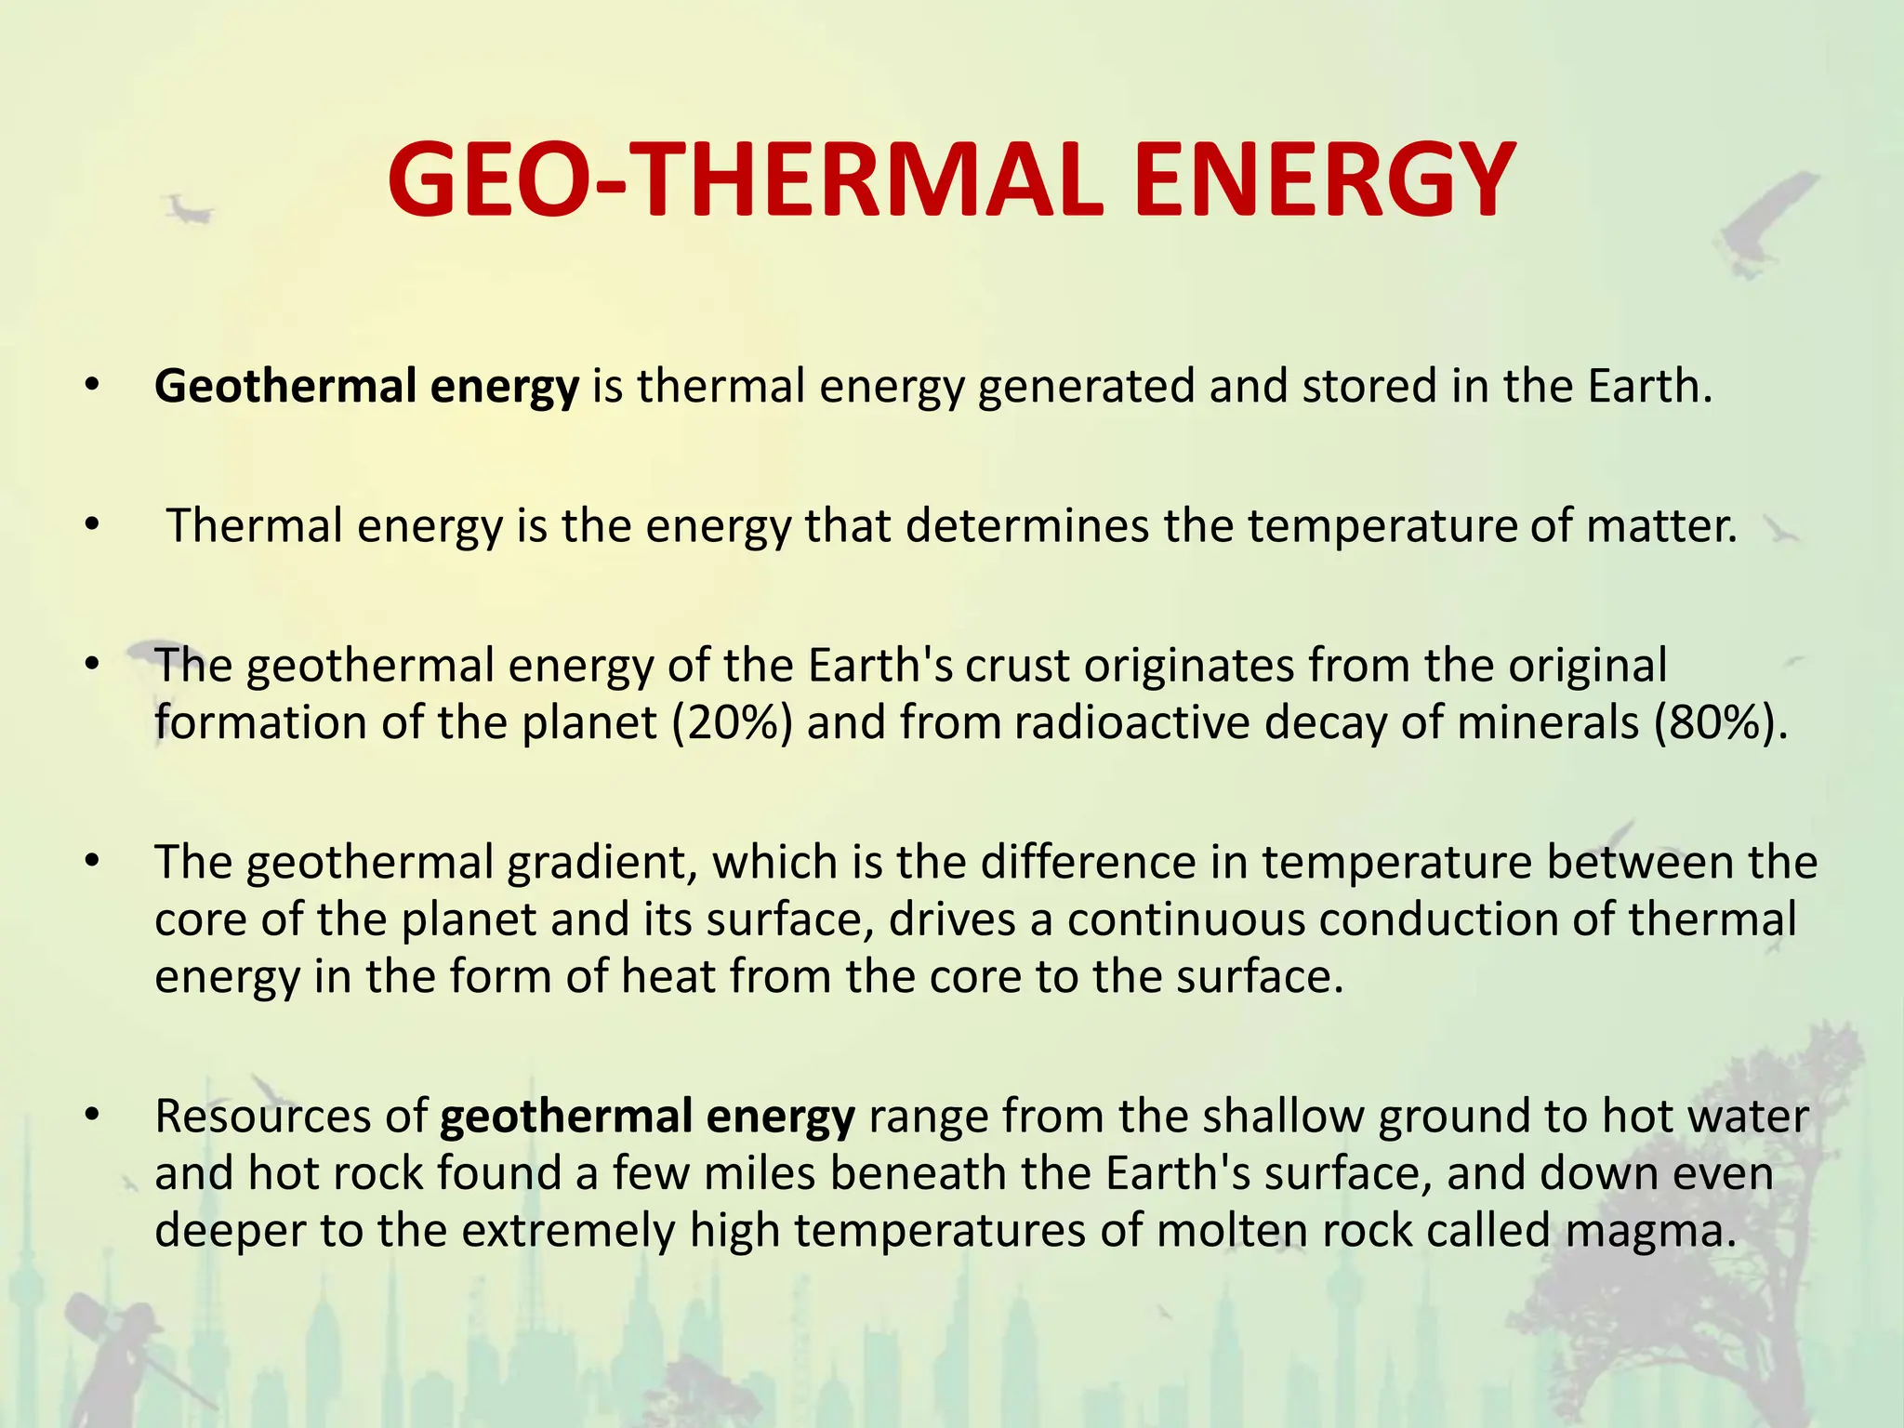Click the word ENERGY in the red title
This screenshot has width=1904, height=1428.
coord(1324,180)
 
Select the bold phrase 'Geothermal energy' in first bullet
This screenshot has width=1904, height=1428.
coord(366,387)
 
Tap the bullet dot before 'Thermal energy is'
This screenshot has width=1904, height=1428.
coord(90,525)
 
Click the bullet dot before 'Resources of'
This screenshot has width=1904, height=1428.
coord(90,1116)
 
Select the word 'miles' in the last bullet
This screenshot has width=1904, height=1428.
coord(759,1173)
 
